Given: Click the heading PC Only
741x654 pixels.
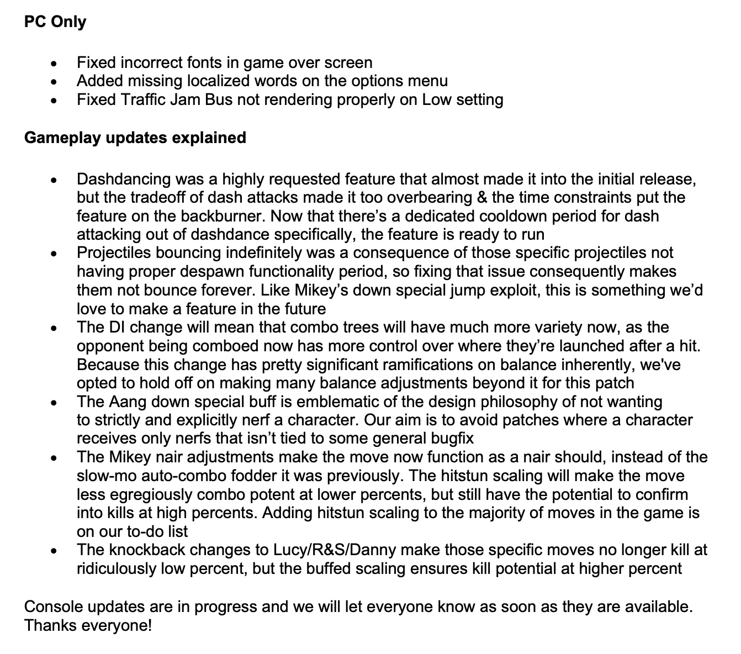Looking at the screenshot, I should click(x=55, y=22).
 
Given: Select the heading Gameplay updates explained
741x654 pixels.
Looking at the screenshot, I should click(x=135, y=137).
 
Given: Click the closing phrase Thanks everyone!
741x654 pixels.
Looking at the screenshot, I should click(x=88, y=626).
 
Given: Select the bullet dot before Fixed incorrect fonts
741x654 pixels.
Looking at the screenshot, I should click(x=54, y=64).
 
